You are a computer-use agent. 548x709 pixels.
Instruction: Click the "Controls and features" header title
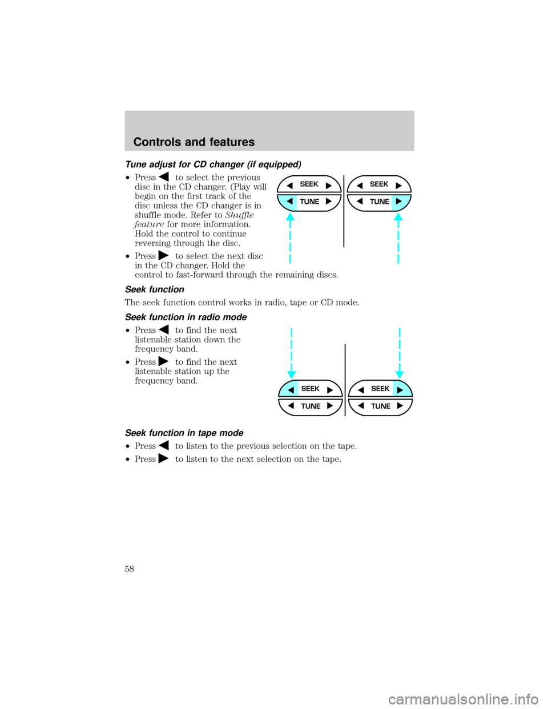pos(194,142)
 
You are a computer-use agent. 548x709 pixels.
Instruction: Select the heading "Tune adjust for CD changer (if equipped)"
pos(213,164)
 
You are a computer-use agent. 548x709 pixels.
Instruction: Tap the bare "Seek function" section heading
pos(155,289)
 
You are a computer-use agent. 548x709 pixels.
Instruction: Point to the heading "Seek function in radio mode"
pos(186,317)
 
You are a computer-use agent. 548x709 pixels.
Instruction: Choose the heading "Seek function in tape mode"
pos(184,433)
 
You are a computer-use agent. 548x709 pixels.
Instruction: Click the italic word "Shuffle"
pos(239,215)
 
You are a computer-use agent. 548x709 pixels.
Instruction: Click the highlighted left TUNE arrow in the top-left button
pos(290,202)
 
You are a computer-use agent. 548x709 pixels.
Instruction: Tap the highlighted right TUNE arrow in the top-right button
pos(398,202)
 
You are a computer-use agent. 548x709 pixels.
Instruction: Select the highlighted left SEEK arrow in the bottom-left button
pos(291,389)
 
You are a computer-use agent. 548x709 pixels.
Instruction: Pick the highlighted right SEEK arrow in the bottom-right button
pos(400,389)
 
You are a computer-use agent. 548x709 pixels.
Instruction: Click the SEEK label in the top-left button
pos(309,184)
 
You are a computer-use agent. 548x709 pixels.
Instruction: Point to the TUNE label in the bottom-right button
pos(381,406)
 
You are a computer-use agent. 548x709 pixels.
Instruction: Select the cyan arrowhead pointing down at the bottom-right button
pos(400,374)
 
